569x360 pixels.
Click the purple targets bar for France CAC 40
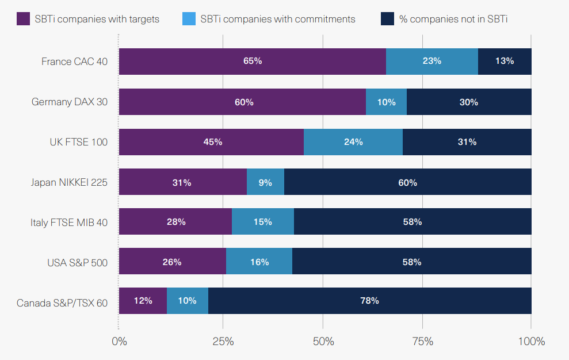coord(252,62)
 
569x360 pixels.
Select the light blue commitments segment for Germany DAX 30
coord(386,102)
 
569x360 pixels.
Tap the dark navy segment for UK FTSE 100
coord(467,142)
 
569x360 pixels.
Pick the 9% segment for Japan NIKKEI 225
coord(265,182)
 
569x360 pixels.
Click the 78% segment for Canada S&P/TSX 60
coord(369,301)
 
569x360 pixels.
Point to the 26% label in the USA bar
coord(172,262)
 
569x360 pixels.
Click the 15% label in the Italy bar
coord(262,222)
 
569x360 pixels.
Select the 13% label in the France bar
coord(504,61)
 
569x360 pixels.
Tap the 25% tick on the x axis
coord(223,341)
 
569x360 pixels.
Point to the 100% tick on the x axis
coord(531,341)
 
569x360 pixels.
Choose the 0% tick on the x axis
coord(119,341)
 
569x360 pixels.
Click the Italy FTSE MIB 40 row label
coord(69,223)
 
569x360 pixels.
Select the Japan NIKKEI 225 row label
coord(69,182)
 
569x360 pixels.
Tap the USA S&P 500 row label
coord(77,263)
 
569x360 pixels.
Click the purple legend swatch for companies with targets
coord(23,18)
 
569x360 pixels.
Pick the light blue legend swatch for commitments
coord(189,18)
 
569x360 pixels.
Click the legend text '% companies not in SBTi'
coord(453,19)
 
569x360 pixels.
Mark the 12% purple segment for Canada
coord(143,301)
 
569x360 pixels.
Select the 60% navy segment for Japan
coord(407,182)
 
